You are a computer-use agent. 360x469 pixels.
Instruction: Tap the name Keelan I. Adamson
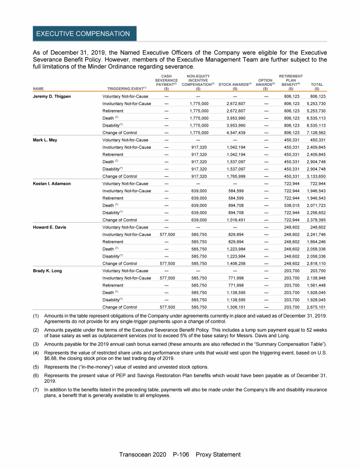point(52,183)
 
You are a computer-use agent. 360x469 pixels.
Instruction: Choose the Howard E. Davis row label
point(49,227)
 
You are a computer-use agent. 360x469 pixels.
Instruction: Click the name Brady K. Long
point(47,271)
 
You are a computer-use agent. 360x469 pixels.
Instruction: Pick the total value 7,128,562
point(317,132)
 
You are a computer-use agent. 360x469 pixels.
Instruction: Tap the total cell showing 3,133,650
point(317,176)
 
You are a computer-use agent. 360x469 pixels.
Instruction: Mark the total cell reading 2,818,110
point(317,264)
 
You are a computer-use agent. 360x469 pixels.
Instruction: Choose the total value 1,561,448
point(317,286)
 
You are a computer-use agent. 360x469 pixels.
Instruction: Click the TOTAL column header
point(317,85)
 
